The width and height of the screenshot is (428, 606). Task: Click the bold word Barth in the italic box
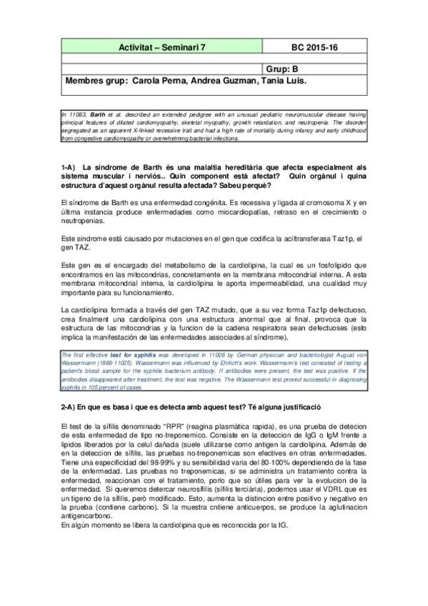click(97, 114)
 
